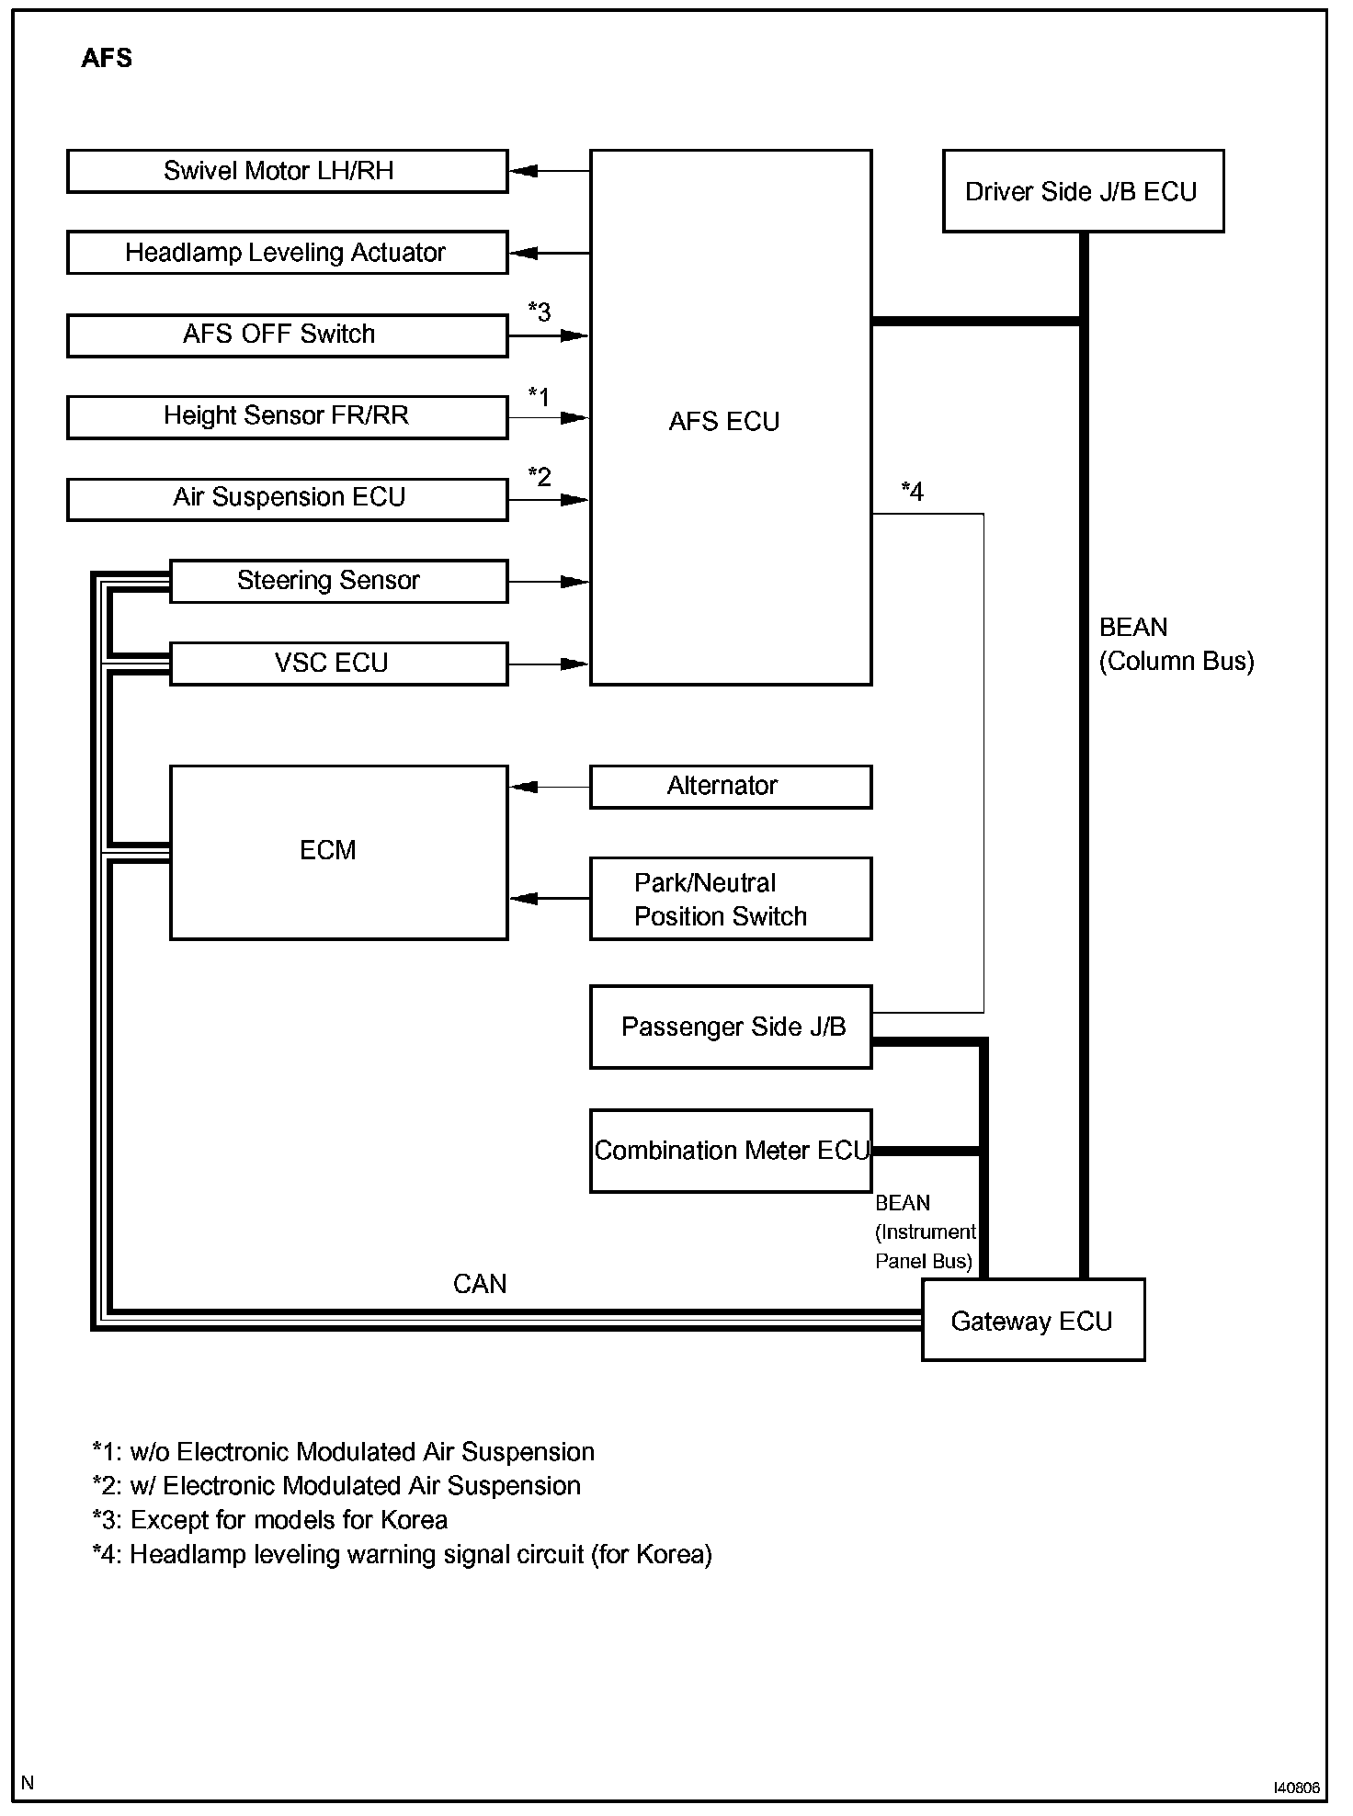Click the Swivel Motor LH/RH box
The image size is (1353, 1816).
click(287, 172)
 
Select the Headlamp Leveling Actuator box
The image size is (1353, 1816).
click(287, 253)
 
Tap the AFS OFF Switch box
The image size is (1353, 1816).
click(287, 335)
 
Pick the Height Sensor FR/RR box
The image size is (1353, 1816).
click(287, 416)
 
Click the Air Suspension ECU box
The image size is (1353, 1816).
click(287, 498)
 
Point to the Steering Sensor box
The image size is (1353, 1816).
click(338, 581)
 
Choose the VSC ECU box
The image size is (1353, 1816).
click(338, 663)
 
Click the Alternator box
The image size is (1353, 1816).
click(730, 787)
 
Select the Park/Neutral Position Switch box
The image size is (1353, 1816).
click(730, 899)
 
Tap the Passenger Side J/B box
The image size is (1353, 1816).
click(730, 1027)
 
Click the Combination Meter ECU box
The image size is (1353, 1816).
click(730, 1151)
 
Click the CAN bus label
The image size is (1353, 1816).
click(480, 1284)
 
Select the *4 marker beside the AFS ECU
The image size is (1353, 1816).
click(912, 492)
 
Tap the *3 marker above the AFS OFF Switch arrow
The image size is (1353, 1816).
click(540, 312)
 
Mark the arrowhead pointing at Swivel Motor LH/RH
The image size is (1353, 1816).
click(523, 171)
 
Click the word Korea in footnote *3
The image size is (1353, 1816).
click(413, 1520)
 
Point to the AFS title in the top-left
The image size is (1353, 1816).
click(107, 58)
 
